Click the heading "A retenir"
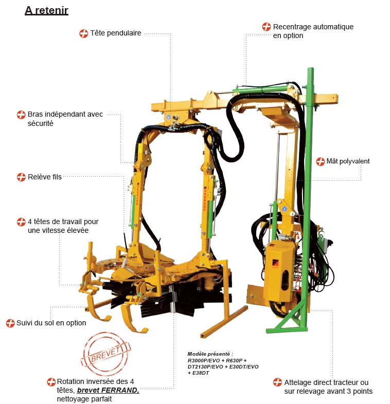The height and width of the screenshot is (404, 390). point(46,10)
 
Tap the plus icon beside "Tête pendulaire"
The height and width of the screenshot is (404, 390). point(83,33)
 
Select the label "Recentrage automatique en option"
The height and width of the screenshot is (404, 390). point(313,31)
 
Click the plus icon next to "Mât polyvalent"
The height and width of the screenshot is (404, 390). point(320,161)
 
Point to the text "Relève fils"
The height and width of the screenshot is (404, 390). point(45,177)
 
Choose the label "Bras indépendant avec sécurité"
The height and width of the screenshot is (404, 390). point(65,119)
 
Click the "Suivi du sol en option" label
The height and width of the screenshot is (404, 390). point(51,323)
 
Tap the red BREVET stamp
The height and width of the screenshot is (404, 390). point(106,354)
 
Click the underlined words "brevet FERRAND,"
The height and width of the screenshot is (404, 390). point(108,390)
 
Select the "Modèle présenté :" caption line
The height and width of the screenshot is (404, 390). point(210,354)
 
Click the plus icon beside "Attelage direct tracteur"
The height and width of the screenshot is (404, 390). point(277,382)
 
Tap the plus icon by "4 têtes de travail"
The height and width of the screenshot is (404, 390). point(21,222)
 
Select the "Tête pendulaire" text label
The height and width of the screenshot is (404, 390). point(116,33)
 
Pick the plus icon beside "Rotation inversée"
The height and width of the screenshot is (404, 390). point(51,381)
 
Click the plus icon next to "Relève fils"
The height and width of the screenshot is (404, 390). point(21,177)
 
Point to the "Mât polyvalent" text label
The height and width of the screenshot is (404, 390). point(348,161)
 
